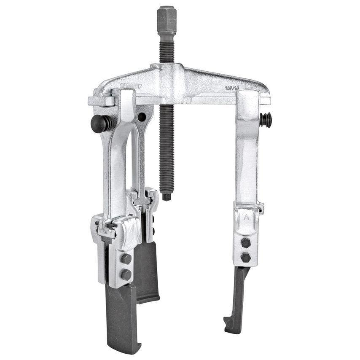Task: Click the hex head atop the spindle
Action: (x=167, y=19)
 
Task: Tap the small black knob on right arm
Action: (x=266, y=121)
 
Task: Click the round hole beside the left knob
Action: (x=142, y=117)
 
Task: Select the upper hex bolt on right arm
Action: (x=245, y=243)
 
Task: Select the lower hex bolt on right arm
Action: (x=245, y=257)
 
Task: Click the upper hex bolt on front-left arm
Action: (x=126, y=259)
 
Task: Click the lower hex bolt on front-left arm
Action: (x=126, y=274)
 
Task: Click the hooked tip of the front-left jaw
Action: (x=126, y=348)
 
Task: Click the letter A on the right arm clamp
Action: (x=247, y=219)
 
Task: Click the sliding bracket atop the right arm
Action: (x=249, y=101)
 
